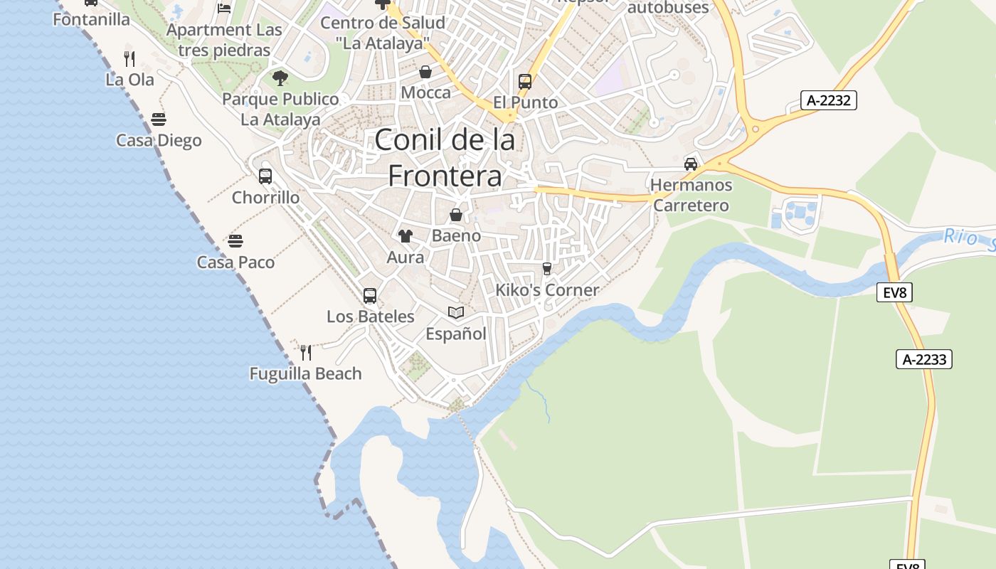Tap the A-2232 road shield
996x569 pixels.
[x=828, y=100]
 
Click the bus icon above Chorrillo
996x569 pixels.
[x=265, y=176]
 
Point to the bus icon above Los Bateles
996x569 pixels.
[x=370, y=295]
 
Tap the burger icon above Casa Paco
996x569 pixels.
[x=235, y=241]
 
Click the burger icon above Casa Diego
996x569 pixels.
[x=159, y=119]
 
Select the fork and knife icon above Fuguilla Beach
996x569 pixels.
[x=306, y=352]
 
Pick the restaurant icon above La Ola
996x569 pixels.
[x=129, y=58]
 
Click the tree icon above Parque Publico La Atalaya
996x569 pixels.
[x=280, y=78]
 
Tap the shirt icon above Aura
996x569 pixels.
[x=406, y=236]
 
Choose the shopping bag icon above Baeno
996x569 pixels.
[x=456, y=214]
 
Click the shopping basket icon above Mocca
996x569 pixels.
[x=425, y=72]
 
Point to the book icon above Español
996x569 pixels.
[x=456, y=312]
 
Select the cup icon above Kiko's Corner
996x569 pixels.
[x=546, y=268]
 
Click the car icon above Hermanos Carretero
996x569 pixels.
[x=690, y=164]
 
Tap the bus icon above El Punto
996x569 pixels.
[x=525, y=81]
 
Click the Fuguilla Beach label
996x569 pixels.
[x=305, y=373]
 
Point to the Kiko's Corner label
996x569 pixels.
[x=547, y=289]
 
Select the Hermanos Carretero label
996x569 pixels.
[x=691, y=195]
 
